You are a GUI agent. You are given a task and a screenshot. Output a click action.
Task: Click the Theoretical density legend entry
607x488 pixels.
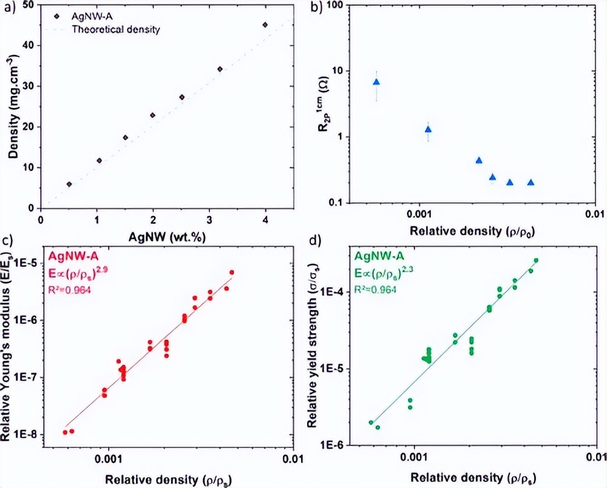click(116, 29)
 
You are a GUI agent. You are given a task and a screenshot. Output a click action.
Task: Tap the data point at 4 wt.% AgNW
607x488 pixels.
click(265, 25)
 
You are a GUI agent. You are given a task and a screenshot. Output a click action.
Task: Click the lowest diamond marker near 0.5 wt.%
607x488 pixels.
click(69, 184)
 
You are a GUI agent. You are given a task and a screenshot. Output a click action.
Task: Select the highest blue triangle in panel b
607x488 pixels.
click(376, 82)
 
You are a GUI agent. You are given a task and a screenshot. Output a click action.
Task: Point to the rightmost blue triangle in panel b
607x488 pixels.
click(531, 183)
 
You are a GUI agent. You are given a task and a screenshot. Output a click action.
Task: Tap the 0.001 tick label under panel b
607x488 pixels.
click(418, 215)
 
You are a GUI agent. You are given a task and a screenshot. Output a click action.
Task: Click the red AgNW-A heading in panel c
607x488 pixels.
click(71, 256)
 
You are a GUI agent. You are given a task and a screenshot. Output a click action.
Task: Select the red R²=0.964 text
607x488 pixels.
click(70, 286)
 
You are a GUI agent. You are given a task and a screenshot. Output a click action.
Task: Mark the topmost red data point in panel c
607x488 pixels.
click(232, 273)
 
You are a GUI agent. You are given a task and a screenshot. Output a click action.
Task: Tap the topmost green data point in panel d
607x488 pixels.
click(536, 260)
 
